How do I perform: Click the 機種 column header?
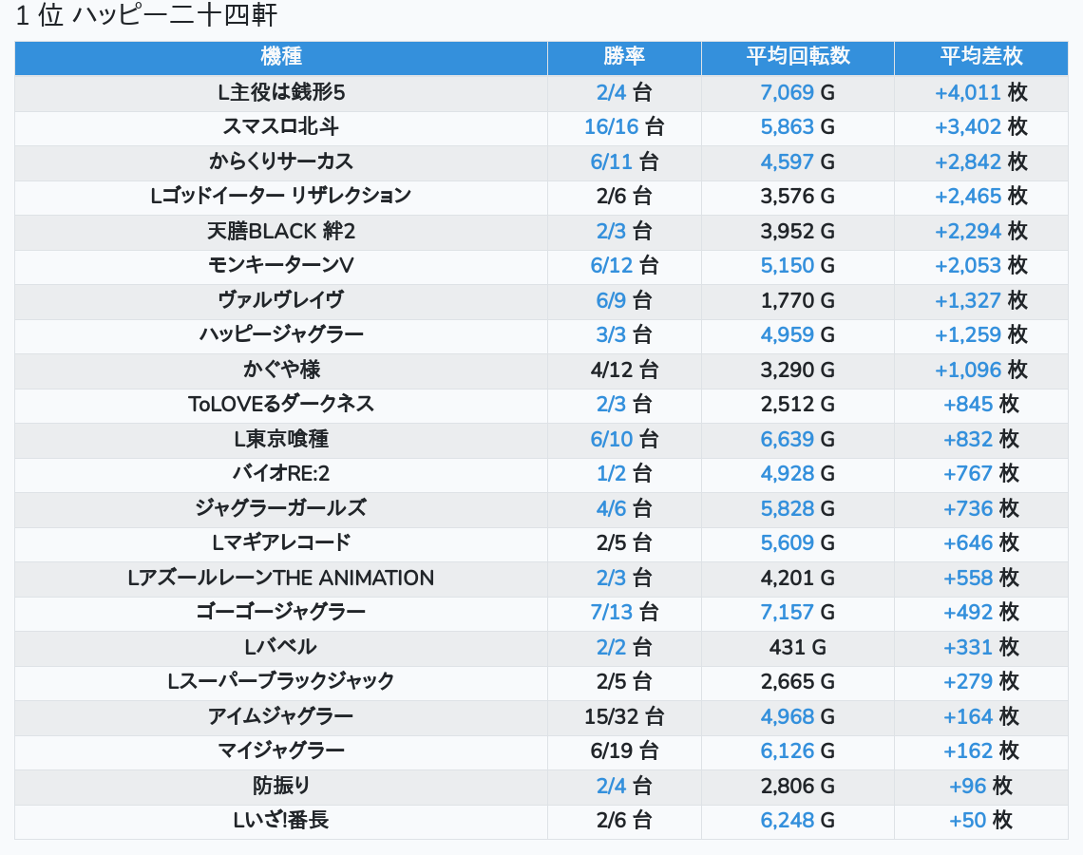(280, 56)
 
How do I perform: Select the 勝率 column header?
(624, 56)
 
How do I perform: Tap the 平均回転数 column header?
(797, 56)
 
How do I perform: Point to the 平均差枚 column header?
(980, 56)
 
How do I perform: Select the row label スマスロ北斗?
(280, 126)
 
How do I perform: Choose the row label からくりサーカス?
(280, 161)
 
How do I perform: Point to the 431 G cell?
(797, 647)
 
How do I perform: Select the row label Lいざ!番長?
(280, 820)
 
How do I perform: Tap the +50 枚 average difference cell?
(980, 820)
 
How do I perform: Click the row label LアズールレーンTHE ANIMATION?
(280, 578)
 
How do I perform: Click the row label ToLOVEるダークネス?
(280, 404)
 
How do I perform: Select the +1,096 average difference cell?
(980, 370)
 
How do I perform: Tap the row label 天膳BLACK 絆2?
(280, 231)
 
